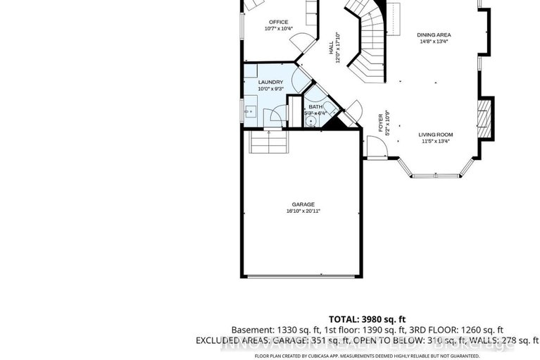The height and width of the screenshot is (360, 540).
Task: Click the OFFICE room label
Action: click(279, 23)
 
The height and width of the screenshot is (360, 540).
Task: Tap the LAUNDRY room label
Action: click(270, 82)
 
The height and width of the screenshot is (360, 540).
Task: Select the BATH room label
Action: click(315, 107)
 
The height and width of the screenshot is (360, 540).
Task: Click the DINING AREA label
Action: click(434, 35)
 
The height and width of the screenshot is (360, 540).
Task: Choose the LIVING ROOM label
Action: click(436, 135)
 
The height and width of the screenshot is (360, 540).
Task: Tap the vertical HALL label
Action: click(330, 49)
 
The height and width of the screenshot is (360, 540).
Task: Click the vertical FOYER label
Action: click(381, 123)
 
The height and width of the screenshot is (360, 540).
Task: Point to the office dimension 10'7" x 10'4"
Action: click(279, 29)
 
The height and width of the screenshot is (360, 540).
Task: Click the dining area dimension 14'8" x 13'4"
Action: click(434, 41)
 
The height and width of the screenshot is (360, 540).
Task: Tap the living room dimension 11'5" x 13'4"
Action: click(436, 141)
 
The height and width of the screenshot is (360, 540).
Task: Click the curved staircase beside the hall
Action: click(370, 42)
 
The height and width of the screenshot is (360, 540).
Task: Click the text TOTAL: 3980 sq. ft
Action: click(368, 318)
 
